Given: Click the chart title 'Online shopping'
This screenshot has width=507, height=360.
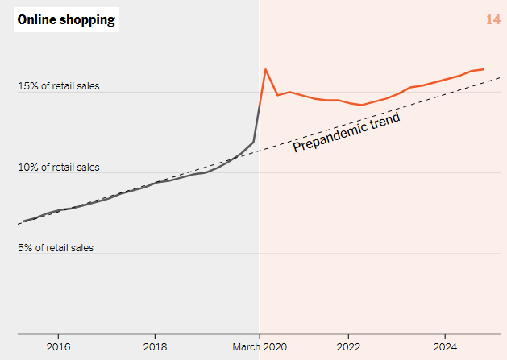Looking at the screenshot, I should pyautogui.click(x=66, y=19).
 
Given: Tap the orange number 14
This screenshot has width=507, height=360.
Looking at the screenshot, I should pyautogui.click(x=493, y=19).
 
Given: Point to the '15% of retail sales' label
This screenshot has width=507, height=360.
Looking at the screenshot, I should pyautogui.click(x=59, y=85).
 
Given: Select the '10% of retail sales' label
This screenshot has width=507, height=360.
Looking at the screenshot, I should pyautogui.click(x=59, y=168).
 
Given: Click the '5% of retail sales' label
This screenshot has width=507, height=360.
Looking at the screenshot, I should pyautogui.click(x=56, y=248).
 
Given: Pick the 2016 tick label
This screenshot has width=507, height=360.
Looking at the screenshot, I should pyautogui.click(x=57, y=347).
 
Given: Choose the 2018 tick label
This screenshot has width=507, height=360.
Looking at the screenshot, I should pyautogui.click(x=155, y=347).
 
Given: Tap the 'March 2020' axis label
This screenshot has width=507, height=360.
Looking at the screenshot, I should pyautogui.click(x=260, y=347).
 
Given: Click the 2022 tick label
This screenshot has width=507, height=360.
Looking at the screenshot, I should pyautogui.click(x=348, y=347).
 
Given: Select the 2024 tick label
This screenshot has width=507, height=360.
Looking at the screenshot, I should pyautogui.click(x=445, y=347).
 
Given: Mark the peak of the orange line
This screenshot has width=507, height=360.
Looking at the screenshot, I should pyautogui.click(x=266, y=69).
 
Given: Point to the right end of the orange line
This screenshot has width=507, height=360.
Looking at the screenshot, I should pyautogui.click(x=483, y=69).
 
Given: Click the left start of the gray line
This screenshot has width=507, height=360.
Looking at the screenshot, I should pyautogui.click(x=23, y=221).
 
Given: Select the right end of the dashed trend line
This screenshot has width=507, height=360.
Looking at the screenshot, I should pyautogui.click(x=501, y=77).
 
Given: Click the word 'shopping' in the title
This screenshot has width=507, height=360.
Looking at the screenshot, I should pyautogui.click(x=89, y=19).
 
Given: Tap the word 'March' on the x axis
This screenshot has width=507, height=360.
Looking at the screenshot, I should pyautogui.click(x=247, y=347).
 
